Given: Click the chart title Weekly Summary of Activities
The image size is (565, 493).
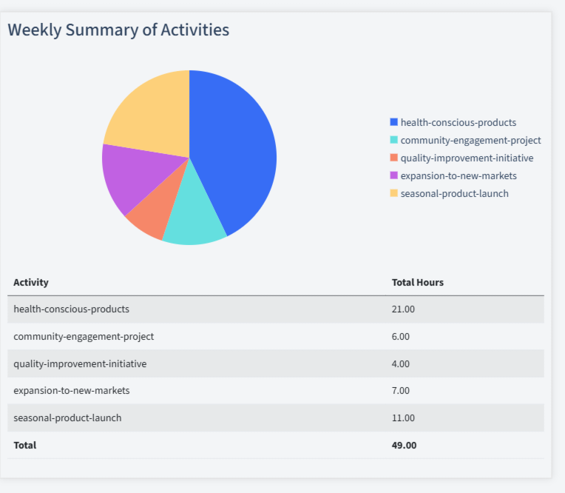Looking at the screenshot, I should point(118,30).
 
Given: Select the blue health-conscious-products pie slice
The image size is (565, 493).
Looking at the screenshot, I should point(237,148).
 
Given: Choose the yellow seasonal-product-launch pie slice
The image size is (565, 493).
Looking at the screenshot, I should point(152,111).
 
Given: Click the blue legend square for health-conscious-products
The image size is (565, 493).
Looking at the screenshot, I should point(393,122).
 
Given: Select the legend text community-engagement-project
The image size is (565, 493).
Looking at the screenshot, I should point(470,140).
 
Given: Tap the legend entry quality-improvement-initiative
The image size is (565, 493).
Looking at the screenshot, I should point(467,158).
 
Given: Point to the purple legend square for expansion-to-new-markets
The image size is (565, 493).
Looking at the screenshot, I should point(393,175).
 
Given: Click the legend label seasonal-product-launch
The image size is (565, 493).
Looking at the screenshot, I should point(454,193).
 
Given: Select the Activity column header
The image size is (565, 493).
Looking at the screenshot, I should point(31,282).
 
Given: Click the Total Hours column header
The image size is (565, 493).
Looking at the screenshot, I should point(417,282).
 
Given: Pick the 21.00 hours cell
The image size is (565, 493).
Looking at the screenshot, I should point(403,309).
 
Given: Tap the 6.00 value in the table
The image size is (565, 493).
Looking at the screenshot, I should point(401,336).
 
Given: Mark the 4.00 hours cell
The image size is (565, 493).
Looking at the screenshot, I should point(401,363).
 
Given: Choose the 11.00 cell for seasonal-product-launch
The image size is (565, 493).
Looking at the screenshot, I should point(403,417).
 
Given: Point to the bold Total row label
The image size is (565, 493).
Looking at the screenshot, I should point(24,445).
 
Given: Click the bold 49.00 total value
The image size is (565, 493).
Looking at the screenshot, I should point(404,445).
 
